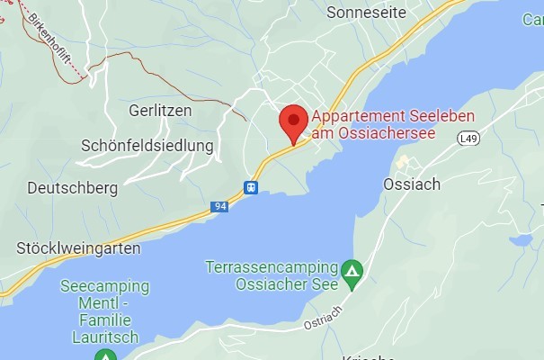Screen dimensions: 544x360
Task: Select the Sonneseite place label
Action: tap(367, 13)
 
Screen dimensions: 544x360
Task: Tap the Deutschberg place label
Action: tap(73, 188)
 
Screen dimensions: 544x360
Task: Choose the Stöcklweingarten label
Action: tap(77, 246)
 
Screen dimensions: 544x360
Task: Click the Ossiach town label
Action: tap(412, 184)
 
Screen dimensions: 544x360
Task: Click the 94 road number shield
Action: tap(219, 206)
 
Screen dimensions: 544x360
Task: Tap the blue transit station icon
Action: tap(251, 187)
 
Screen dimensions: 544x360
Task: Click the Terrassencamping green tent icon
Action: tap(353, 269)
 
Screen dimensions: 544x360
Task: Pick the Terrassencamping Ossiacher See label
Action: tap(271, 276)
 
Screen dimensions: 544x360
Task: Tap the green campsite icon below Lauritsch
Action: tap(106, 355)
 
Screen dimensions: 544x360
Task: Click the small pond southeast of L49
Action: tap(521, 240)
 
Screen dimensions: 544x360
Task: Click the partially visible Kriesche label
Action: tap(368, 356)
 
